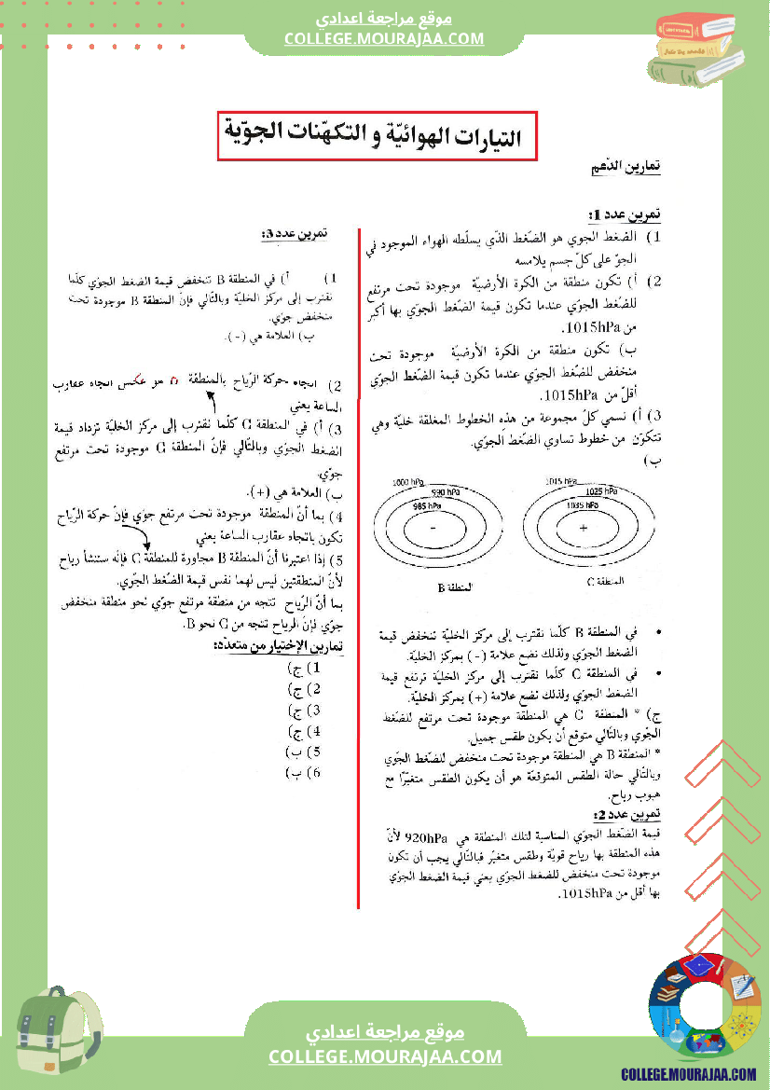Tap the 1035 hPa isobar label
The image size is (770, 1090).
(x=584, y=504)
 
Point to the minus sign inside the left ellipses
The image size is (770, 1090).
(x=433, y=528)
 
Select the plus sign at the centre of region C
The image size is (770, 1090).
(x=584, y=528)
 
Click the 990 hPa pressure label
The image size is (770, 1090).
(x=445, y=491)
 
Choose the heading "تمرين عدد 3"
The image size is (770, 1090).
(x=295, y=233)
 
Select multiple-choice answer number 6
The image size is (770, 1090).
(x=305, y=773)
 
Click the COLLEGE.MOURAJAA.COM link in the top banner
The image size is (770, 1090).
(x=384, y=38)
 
